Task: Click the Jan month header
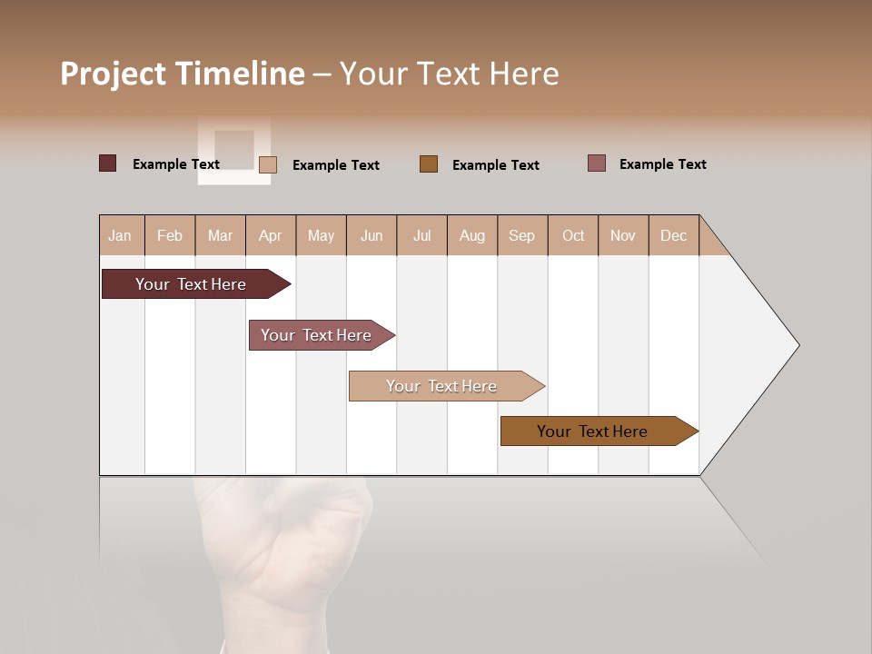121,235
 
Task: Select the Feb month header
170,235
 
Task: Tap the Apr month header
271,235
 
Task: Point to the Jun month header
372,235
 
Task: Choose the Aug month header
472,235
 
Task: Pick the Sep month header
522,235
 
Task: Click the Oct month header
573,235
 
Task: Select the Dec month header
674,235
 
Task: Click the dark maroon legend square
108,163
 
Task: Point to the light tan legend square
268,164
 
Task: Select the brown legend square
429,163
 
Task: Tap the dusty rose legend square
597,163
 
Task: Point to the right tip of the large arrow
797,345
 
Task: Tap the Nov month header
623,235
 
